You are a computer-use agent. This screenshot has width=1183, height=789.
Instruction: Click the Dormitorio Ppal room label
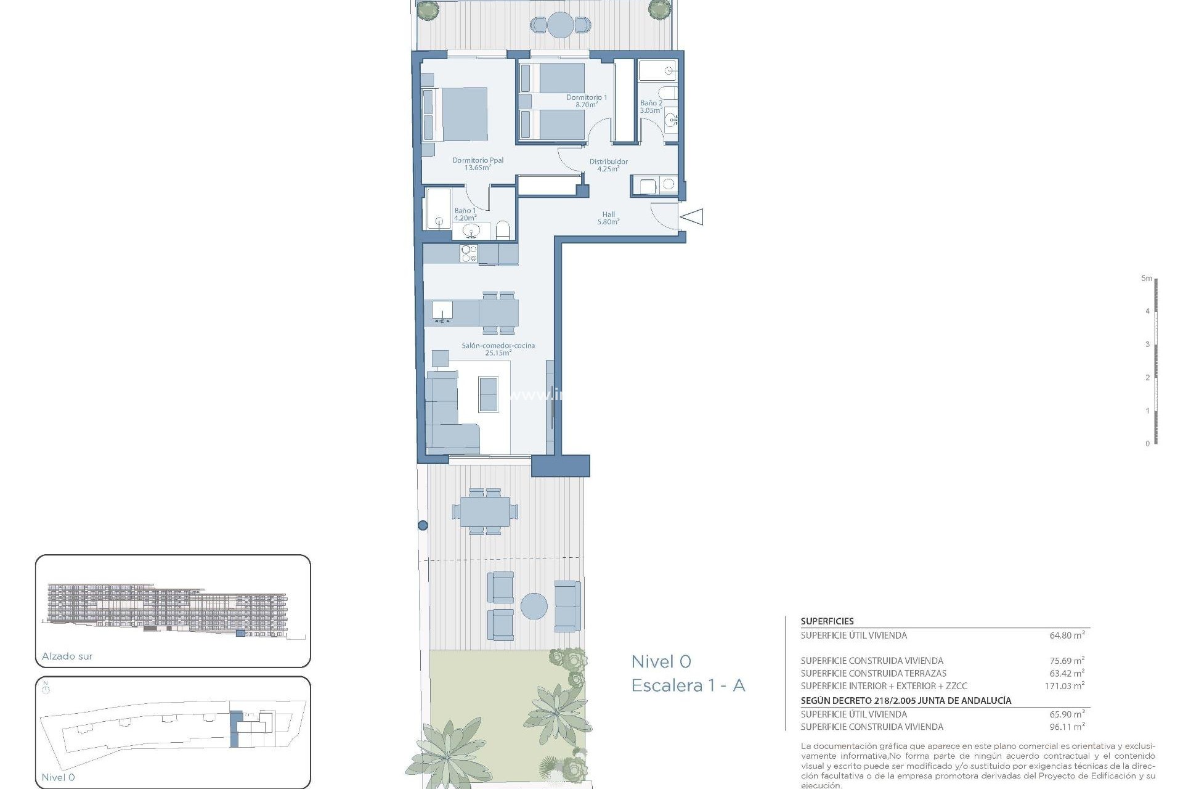click(x=478, y=164)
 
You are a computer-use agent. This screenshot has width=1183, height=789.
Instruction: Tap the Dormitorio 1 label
click(x=586, y=101)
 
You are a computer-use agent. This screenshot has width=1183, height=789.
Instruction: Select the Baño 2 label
click(x=651, y=107)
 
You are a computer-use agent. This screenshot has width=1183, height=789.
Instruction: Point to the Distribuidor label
click(x=608, y=165)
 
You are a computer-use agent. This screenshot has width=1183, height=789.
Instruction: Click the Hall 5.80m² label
click(x=608, y=218)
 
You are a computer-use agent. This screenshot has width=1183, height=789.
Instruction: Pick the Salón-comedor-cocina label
click(x=498, y=350)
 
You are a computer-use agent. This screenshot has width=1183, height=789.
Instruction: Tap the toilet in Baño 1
click(x=503, y=231)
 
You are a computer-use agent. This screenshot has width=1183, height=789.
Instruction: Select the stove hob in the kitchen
click(x=469, y=254)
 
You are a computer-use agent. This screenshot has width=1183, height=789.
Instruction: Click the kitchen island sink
click(x=442, y=311)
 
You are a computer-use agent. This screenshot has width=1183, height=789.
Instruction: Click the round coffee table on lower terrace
click(x=534, y=606)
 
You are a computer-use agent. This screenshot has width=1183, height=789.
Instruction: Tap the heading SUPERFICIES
click(x=827, y=621)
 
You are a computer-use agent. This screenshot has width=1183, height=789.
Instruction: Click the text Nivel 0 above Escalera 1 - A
click(x=661, y=662)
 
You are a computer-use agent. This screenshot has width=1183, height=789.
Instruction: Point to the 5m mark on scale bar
click(x=1146, y=279)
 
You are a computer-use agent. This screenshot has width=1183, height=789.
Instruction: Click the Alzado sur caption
click(x=67, y=656)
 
